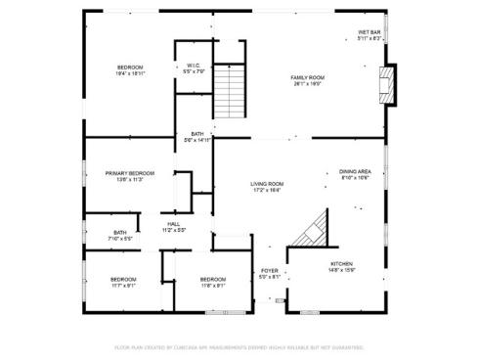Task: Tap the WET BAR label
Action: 369,31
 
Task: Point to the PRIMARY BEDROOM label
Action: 130,173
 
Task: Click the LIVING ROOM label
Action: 266,184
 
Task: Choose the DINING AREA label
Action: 355,171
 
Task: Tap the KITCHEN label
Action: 341,264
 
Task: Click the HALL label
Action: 173,224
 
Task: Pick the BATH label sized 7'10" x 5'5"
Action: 120,233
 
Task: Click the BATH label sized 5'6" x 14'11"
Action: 197,134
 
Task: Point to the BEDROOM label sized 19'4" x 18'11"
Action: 130,67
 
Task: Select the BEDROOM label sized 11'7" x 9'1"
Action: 123,280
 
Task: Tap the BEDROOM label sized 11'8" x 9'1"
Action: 213,280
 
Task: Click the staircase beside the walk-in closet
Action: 228,90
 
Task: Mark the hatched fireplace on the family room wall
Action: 389,85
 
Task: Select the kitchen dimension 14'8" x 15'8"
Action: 341,271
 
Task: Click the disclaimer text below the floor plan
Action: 239,346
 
